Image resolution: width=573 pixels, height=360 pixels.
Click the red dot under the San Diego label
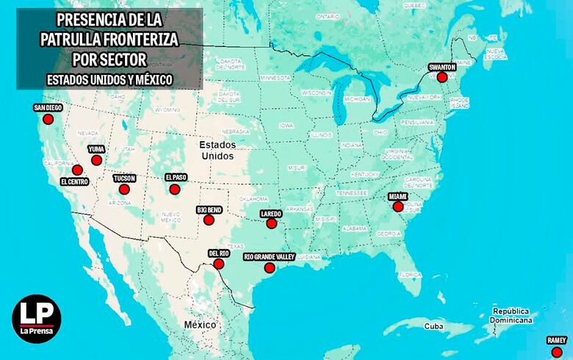coord(48,119)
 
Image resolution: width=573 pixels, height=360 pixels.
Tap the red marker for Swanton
coord(442,77)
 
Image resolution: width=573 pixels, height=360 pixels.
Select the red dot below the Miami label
coord(397,207)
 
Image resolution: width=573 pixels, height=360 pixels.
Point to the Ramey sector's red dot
coord(556,352)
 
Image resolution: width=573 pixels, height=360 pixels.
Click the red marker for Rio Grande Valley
coord(269,267)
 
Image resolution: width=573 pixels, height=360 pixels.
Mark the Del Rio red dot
coord(219,264)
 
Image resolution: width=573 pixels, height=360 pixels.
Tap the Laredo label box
coord(272,214)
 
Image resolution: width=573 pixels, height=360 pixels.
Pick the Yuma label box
coord(96,149)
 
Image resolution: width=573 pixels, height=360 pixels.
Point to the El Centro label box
coord(75,181)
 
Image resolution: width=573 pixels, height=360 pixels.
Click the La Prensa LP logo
coord(36,319)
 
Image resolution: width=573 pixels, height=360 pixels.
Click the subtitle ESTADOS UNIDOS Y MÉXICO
coord(109,77)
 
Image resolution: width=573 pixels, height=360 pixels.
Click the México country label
coord(200,324)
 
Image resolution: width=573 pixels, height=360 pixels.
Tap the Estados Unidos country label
coord(217,151)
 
